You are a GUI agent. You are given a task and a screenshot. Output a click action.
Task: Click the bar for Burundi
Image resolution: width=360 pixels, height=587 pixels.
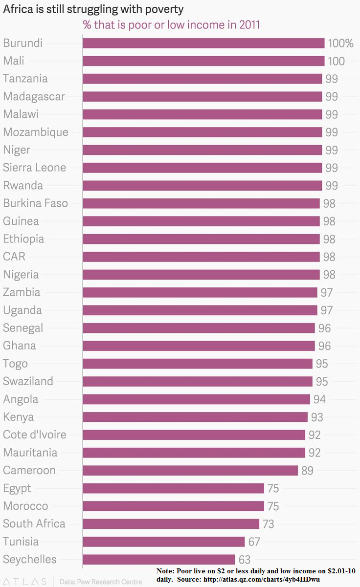[x=203, y=43]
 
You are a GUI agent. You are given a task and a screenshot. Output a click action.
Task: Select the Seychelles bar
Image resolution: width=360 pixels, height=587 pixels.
[x=159, y=560]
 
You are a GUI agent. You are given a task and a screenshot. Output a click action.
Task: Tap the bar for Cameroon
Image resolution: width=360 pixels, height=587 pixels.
[x=190, y=470]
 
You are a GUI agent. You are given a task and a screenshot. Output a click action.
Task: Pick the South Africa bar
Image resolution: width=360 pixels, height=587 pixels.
[x=171, y=524]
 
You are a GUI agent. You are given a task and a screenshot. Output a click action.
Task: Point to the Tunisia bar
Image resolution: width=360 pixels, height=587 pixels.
[x=163, y=542]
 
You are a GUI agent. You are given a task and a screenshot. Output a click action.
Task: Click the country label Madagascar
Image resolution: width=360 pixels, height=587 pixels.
[x=34, y=97]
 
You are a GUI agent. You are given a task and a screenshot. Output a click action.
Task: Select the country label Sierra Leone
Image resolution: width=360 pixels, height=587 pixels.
[x=34, y=168]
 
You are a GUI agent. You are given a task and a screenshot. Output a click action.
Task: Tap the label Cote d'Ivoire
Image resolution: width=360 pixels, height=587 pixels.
[x=34, y=435]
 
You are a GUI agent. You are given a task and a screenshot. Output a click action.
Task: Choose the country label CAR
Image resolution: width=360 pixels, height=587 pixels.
[x=14, y=257]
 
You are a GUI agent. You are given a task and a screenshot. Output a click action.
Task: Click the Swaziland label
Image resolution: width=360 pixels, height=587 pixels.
[x=28, y=381]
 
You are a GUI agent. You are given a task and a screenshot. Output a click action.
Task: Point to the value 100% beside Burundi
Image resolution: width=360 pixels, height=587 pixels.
[x=340, y=43]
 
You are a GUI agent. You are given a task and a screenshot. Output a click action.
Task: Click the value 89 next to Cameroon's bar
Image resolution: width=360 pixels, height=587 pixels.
[x=307, y=471]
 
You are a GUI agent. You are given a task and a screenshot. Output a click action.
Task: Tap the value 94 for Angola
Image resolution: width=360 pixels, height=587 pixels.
[x=319, y=399]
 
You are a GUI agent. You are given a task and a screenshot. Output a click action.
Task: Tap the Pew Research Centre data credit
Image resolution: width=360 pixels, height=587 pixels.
[x=100, y=582]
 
